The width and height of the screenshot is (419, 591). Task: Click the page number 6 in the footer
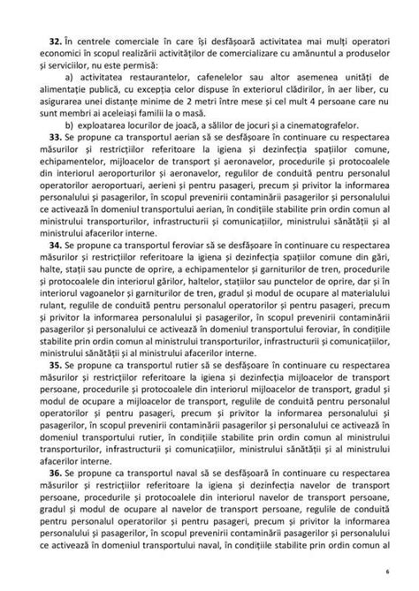pyautogui.click(x=386, y=572)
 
